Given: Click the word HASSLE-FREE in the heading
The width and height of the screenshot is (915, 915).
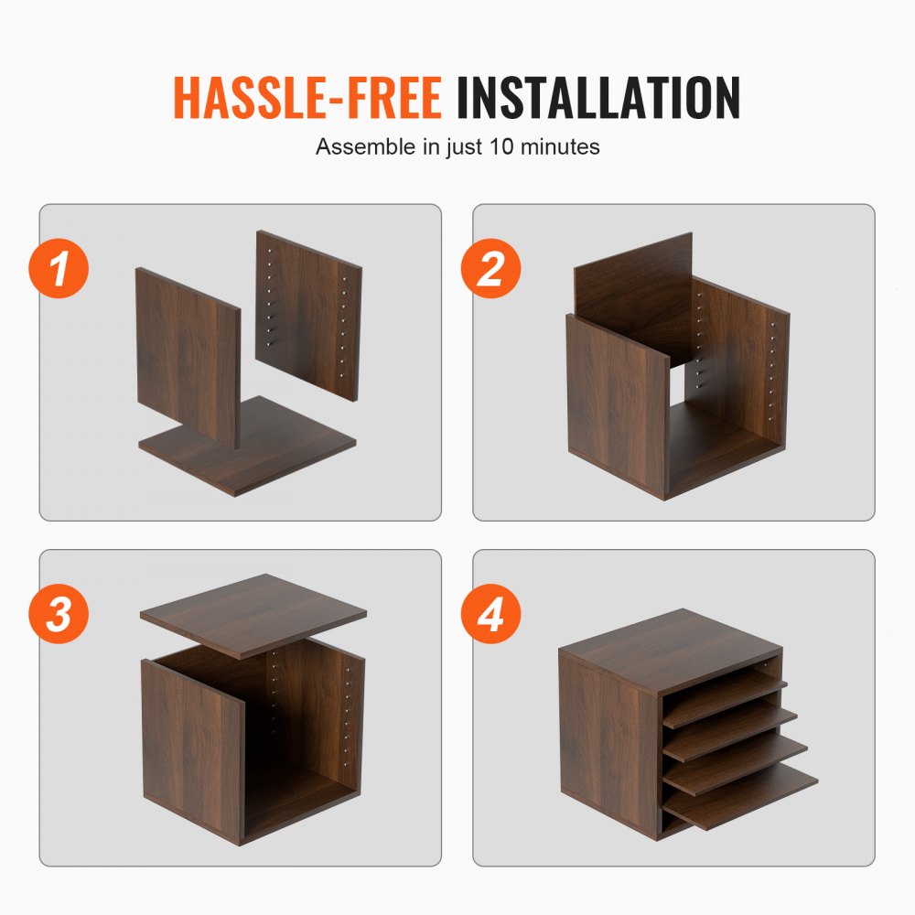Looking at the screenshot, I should pyautogui.click(x=307, y=98).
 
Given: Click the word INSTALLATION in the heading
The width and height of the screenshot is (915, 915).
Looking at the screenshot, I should pyautogui.click(x=598, y=98).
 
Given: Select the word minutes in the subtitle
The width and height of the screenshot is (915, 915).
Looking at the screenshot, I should pyautogui.click(x=565, y=146).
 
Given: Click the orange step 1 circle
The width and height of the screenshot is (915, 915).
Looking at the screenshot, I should pyautogui.click(x=59, y=270).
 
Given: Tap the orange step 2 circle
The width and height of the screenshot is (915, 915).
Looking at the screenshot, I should pyautogui.click(x=491, y=270).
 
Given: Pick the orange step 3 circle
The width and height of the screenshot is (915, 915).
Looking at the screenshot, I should pyautogui.click(x=59, y=614).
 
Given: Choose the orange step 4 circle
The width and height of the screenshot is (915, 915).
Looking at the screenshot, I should pyautogui.click(x=491, y=614).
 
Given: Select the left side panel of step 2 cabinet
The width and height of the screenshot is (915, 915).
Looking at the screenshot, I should pyautogui.click(x=615, y=403).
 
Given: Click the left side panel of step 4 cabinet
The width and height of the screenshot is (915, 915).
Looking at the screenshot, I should pyautogui.click(x=608, y=741).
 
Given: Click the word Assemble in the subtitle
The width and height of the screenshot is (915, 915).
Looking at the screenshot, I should pyautogui.click(x=364, y=146).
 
